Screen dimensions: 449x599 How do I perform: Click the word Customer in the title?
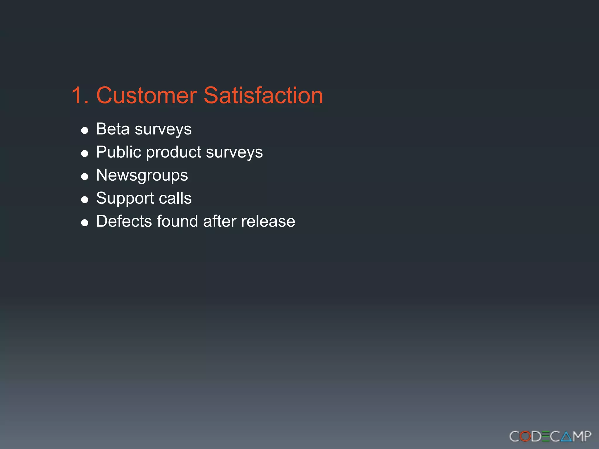click(147, 95)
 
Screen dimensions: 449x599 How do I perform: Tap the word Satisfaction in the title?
click(263, 95)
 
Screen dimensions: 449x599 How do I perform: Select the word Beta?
click(113, 129)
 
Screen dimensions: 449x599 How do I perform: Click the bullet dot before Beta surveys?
click(85, 130)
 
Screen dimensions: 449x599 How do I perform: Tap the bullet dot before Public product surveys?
click(85, 153)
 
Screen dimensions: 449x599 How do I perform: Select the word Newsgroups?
click(142, 175)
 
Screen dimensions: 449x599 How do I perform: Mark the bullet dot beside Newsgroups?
click(85, 177)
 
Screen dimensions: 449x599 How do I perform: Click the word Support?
click(125, 198)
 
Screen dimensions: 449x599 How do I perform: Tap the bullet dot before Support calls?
click(85, 200)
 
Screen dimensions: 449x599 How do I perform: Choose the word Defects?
click(124, 221)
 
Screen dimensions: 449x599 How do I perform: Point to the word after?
click(220, 221)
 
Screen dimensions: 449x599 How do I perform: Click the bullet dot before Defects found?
click(85, 223)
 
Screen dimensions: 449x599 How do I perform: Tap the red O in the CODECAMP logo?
click(526, 436)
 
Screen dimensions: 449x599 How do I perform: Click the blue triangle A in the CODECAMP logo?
click(566, 436)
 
